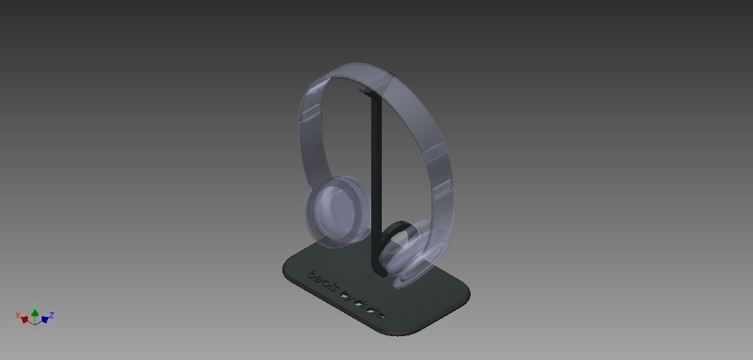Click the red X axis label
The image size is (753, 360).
coord(18,316)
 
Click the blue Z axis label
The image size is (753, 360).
coord(52,316)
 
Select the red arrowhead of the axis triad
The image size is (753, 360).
coord(25,320)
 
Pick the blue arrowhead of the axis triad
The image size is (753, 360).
coord(44,320)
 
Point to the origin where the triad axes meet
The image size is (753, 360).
coord(35,322)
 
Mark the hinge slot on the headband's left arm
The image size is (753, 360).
coord(310,115)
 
